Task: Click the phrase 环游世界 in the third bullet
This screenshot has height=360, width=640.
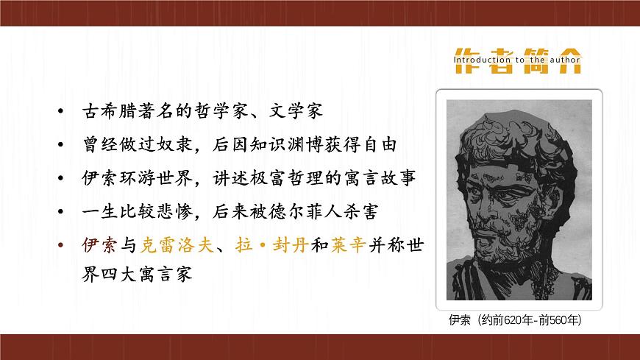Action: click(x=163, y=178)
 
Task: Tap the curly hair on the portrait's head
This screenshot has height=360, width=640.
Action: click(x=515, y=129)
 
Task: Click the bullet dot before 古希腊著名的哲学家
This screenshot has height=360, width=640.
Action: click(x=60, y=113)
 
